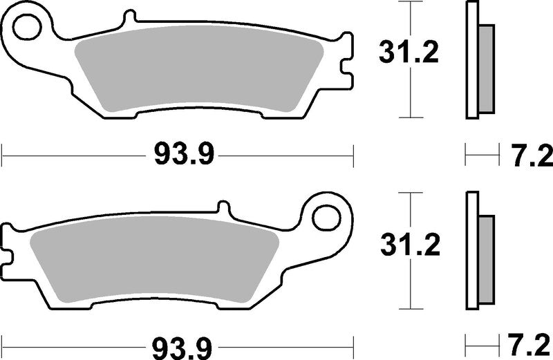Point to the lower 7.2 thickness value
click(x=532, y=343)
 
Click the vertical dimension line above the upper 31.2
click(x=412, y=17)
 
